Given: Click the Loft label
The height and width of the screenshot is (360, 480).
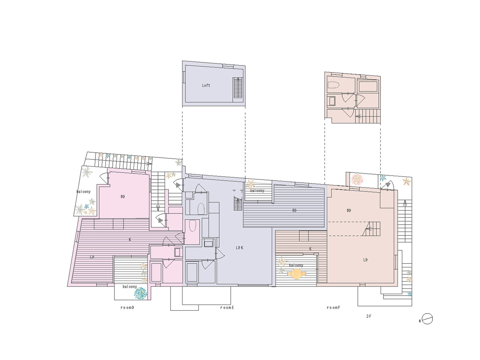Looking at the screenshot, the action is click(206, 85).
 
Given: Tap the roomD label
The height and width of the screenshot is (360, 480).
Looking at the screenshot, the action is click(127, 307).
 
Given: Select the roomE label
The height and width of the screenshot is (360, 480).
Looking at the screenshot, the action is click(227, 307).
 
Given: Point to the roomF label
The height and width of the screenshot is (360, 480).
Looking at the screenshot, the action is click(333, 307).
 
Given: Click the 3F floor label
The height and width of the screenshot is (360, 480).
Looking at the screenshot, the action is click(369, 316).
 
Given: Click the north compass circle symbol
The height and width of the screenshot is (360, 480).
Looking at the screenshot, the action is click(427, 319).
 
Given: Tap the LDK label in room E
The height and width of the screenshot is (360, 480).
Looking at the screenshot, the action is click(239, 248).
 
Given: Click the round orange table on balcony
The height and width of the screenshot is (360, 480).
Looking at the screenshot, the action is click(296, 274).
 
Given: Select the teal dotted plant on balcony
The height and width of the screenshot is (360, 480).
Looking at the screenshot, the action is click(140, 293).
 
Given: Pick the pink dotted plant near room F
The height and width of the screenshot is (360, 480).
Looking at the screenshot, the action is click(357, 179).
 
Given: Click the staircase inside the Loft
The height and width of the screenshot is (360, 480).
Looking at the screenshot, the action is click(238, 88).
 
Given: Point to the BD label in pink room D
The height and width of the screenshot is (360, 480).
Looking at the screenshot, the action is click(123, 197).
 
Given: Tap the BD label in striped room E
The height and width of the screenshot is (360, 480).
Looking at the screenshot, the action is click(294, 211).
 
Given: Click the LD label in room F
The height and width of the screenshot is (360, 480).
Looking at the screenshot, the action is click(365, 260).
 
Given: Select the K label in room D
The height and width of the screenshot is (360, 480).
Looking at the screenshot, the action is click(130, 239).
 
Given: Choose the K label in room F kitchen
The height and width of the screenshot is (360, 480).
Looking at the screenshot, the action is click(310, 249).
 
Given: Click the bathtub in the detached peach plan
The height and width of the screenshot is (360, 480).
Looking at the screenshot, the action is click(368, 86).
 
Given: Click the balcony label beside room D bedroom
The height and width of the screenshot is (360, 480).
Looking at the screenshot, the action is click(84, 192).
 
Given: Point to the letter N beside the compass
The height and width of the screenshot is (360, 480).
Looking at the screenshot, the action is click(420, 321).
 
